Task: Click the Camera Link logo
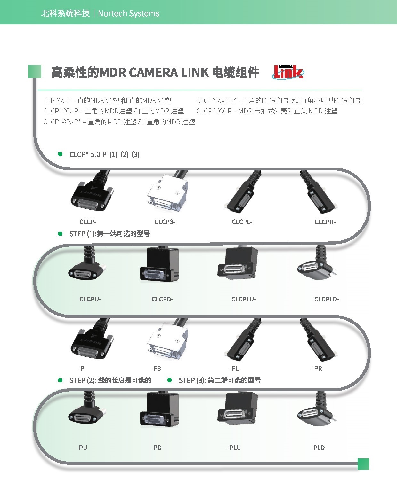[x=288, y=72]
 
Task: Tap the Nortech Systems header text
[x=129, y=14]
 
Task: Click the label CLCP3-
[x=165, y=222]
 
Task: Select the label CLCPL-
[x=242, y=222]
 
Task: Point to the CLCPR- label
[x=325, y=222]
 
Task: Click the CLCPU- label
[x=90, y=299]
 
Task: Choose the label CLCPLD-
[x=327, y=299]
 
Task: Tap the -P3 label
[x=156, y=368]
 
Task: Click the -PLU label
[x=234, y=448]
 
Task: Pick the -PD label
[x=157, y=448]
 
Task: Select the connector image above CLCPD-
[x=159, y=265]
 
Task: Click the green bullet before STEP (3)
[x=170, y=380]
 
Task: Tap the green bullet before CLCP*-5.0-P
[x=60, y=154]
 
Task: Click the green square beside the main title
[x=35, y=72]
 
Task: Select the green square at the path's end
[x=363, y=464]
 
